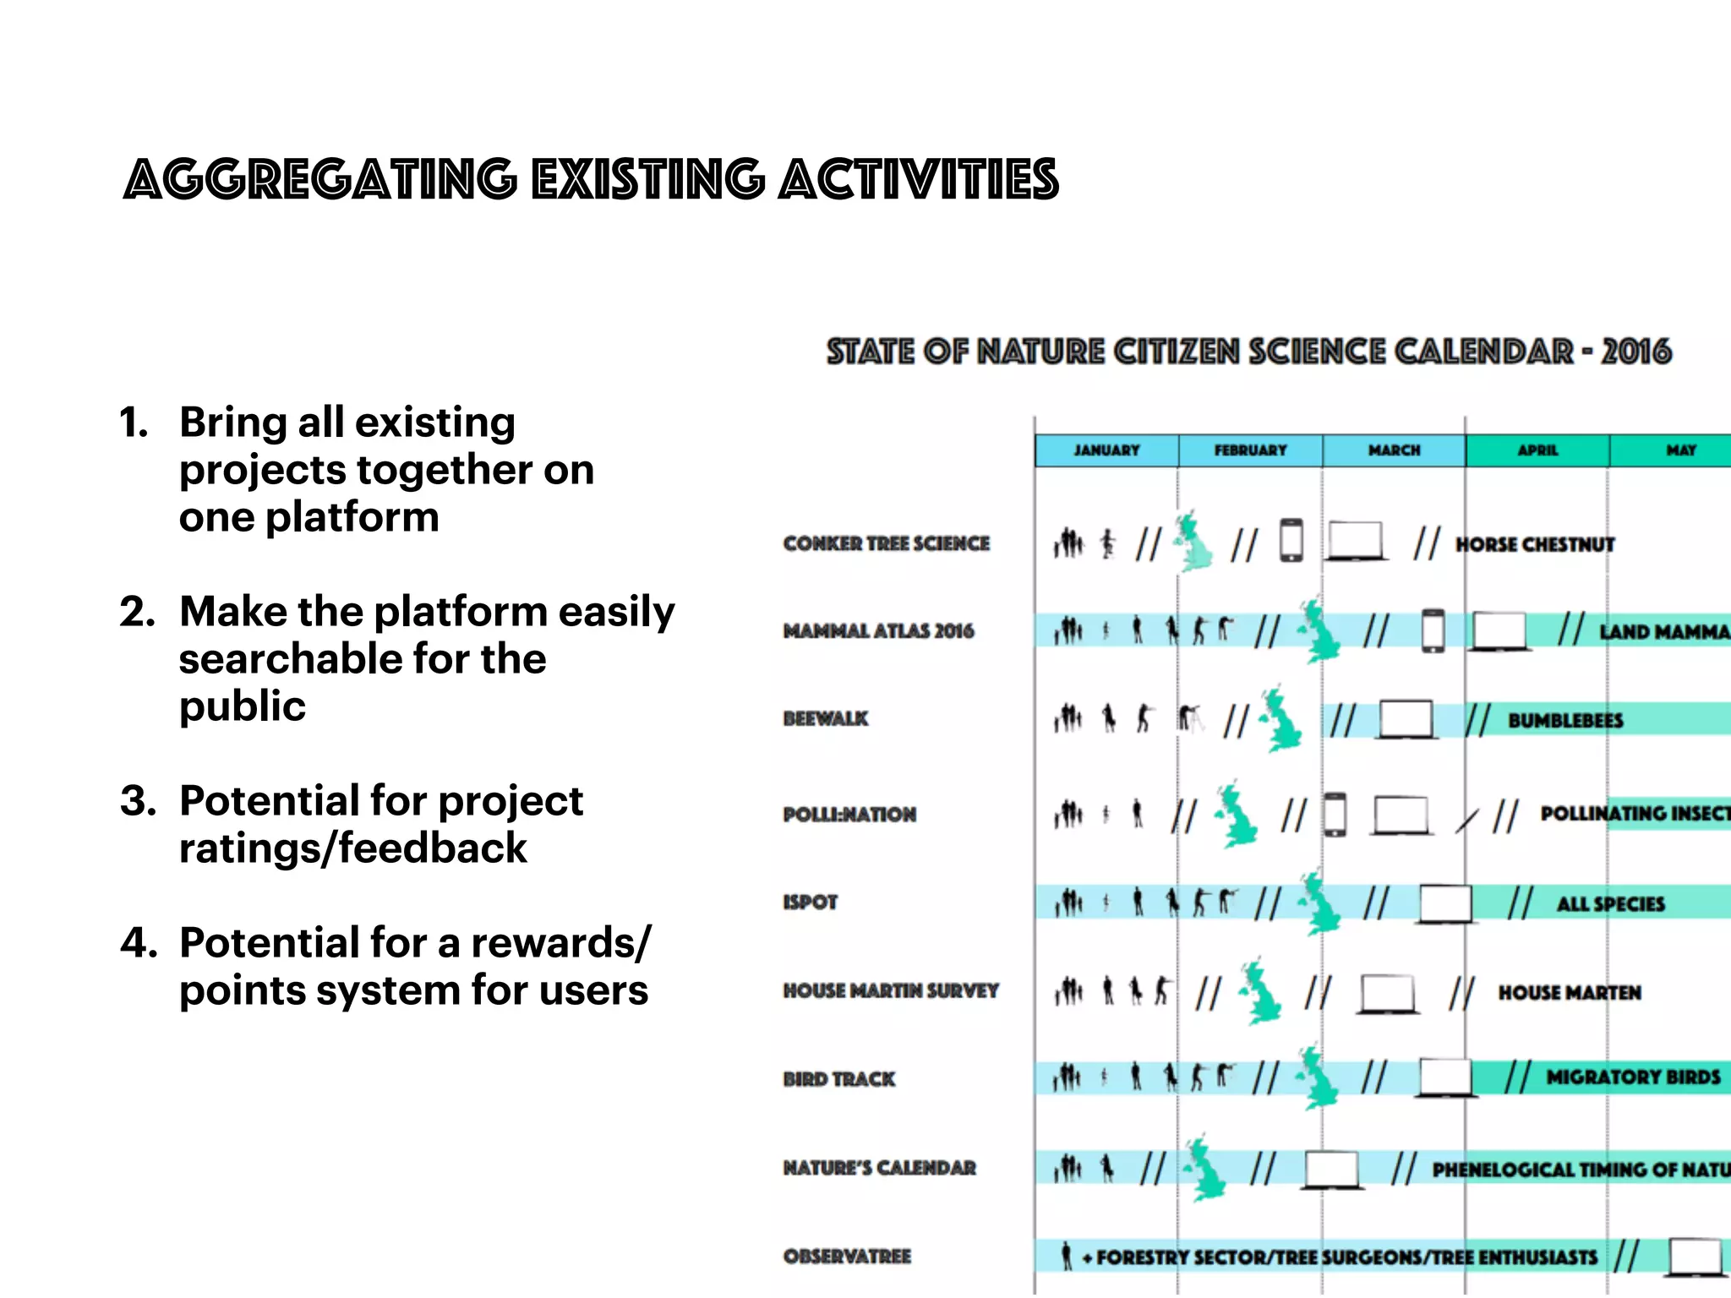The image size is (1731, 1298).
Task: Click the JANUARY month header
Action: pos(1106,450)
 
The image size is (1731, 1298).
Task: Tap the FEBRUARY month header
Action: pos(1250,450)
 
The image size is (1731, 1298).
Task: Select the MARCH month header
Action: pos(1394,450)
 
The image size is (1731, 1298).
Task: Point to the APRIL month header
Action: pos(1537,450)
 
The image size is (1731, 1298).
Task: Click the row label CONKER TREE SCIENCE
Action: pos(886,543)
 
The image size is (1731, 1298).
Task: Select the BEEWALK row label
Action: pos(825,718)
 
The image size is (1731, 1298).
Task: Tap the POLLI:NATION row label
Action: pos(849,815)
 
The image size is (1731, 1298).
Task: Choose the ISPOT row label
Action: pos(810,903)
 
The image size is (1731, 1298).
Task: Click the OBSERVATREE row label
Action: pos(847,1257)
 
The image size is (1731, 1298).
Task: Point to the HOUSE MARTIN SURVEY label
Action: pos(891,990)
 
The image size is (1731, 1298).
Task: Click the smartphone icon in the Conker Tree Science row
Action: pos(1291,541)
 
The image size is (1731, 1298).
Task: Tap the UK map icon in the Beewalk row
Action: pos(1281,720)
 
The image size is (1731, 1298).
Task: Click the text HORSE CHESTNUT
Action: pos(1535,545)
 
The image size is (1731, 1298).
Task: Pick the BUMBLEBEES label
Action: pos(1565,721)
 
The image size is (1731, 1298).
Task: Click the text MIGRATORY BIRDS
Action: pos(1633,1077)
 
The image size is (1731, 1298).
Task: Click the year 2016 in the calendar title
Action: pos(1636,352)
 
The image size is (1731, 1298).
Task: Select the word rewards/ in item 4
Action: pos(561,942)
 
